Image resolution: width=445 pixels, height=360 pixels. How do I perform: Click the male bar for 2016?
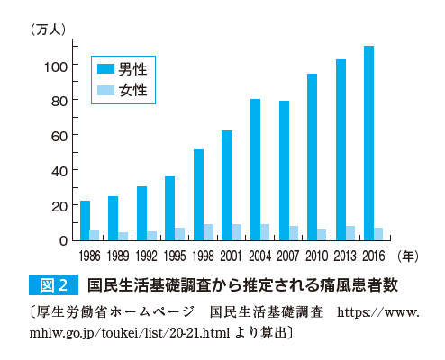[368, 143]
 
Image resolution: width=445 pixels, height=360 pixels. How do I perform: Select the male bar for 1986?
[85, 220]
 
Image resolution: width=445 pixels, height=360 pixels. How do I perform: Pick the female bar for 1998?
[208, 232]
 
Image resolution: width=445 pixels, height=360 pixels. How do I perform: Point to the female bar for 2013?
[350, 233]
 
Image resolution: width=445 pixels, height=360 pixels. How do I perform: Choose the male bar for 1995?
[169, 208]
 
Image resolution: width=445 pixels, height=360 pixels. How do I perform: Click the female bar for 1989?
[123, 236]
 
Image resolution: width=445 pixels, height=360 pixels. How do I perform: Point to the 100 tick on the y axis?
[55, 66]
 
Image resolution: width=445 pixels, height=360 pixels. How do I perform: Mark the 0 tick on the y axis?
[62, 240]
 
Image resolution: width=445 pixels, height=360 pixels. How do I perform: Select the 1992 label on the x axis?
[146, 256]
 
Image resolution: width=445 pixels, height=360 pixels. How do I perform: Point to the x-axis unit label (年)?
[408, 256]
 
